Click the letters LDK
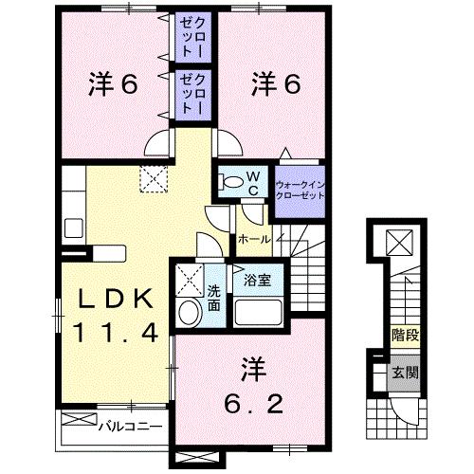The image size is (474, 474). (x=110, y=299)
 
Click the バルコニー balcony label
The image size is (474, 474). (x=129, y=428)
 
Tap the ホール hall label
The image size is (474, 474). (x=251, y=240)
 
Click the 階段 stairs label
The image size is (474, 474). (x=405, y=335)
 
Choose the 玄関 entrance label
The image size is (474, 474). (x=405, y=373)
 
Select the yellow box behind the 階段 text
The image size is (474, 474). (x=405, y=335)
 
